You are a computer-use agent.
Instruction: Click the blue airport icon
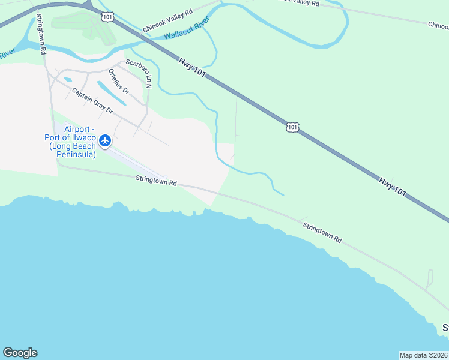106,140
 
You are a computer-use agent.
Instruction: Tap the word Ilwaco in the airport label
83,137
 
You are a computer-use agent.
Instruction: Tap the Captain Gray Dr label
92,101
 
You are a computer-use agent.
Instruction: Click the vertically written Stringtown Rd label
41,34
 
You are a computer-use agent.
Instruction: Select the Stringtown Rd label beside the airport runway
157,179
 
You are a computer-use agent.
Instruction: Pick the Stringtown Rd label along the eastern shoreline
322,232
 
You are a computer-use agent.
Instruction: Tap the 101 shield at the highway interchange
107,17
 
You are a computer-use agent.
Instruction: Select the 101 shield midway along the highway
292,127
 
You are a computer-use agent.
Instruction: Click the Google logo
20,353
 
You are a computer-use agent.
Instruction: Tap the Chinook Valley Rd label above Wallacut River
167,20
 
